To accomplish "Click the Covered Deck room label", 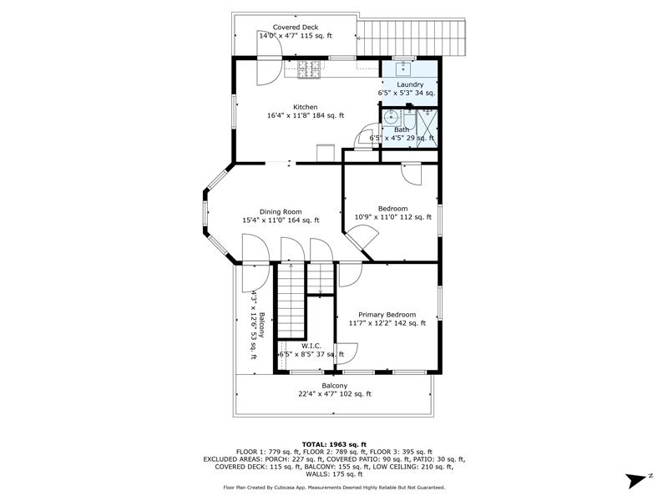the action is [296, 28].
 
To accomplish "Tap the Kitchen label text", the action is [305, 107].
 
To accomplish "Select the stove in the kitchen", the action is [309, 69].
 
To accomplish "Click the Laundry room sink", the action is [402, 68].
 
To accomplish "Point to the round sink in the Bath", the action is [390, 116].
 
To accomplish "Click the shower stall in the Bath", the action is [427, 129].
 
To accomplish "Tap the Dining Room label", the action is [281, 212].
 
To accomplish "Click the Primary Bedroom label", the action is [387, 315].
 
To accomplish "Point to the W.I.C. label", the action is [311, 346].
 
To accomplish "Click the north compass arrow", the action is [636, 481].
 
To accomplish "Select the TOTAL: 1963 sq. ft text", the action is [334, 444].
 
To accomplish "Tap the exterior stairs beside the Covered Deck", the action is [411, 38].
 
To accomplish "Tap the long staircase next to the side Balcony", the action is [291, 301].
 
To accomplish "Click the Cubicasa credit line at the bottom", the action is [334, 488].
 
